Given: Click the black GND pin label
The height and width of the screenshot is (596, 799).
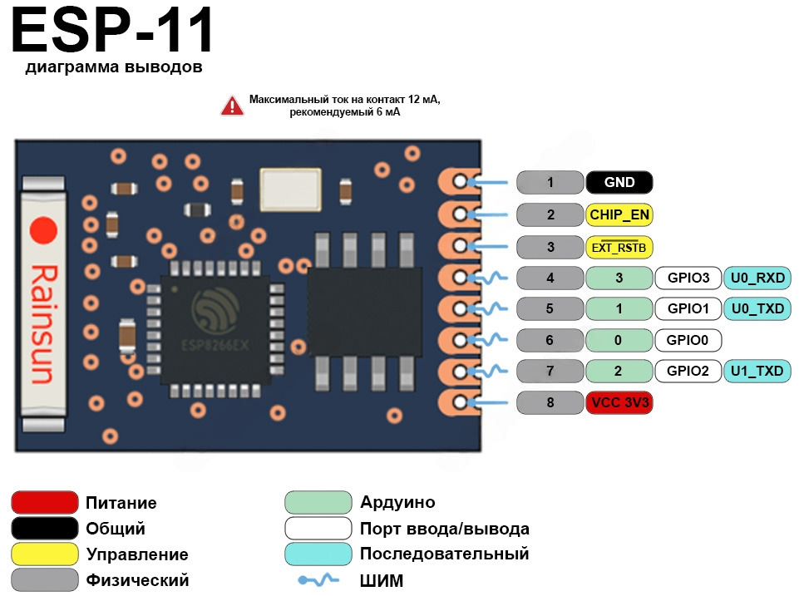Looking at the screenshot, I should pos(619,183).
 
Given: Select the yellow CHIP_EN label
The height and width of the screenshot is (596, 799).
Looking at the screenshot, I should pos(619,215).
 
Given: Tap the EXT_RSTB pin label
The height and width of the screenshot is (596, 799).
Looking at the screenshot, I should pos(619,247).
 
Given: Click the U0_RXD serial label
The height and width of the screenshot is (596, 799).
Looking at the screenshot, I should pos(757,278).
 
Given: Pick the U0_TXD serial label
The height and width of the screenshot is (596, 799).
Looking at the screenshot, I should pos(757,309).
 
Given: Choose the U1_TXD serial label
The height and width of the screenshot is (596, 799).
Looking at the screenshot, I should pos(757,371).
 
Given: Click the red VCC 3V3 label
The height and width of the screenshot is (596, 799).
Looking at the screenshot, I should pos(619,403).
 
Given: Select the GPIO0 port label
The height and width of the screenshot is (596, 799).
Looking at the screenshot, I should pos(688,340).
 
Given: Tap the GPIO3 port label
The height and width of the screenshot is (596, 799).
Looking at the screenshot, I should pos(688,278).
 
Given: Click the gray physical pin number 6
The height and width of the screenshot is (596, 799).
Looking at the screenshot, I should pos(550,340).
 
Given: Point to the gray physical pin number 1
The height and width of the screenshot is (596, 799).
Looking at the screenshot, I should pos(550,183).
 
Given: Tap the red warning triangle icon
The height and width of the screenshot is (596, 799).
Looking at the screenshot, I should pos(231,106).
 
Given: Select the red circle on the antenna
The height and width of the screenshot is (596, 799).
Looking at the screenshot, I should pos(43,230).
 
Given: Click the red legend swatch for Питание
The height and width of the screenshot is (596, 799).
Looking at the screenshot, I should pos(45,503).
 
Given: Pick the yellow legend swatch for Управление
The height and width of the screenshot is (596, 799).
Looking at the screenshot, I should pos(45,554).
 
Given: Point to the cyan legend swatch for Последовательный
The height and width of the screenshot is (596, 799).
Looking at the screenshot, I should pos(318,554).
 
